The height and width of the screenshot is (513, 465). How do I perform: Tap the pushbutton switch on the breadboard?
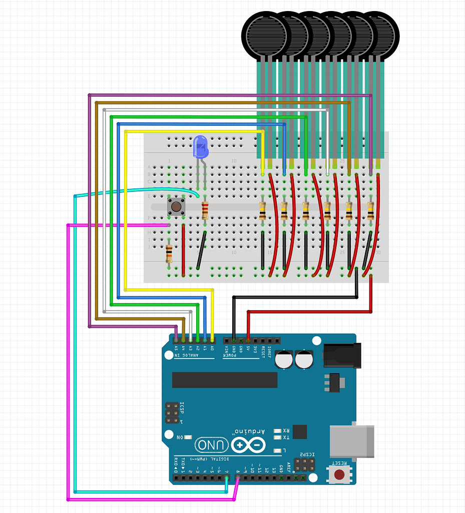click(x=176, y=206)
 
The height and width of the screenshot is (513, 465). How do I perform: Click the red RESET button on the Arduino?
click(x=339, y=474)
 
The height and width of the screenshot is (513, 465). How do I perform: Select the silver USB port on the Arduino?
click(x=352, y=441)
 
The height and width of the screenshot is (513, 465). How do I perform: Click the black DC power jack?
click(x=342, y=355)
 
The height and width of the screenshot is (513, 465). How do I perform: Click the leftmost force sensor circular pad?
click(x=264, y=34)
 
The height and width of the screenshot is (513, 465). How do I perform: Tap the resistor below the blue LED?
click(x=205, y=210)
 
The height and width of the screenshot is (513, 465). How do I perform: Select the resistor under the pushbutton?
click(x=169, y=253)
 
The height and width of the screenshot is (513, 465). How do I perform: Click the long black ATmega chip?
click(x=225, y=380)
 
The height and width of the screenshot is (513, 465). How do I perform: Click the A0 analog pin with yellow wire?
click(x=213, y=340)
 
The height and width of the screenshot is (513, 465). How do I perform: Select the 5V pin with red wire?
click(x=248, y=340)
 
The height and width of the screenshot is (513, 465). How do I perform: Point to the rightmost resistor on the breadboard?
click(x=370, y=210)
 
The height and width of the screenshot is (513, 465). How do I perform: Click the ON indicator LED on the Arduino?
click(x=188, y=437)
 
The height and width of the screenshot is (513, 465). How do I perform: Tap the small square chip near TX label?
click(x=300, y=432)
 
